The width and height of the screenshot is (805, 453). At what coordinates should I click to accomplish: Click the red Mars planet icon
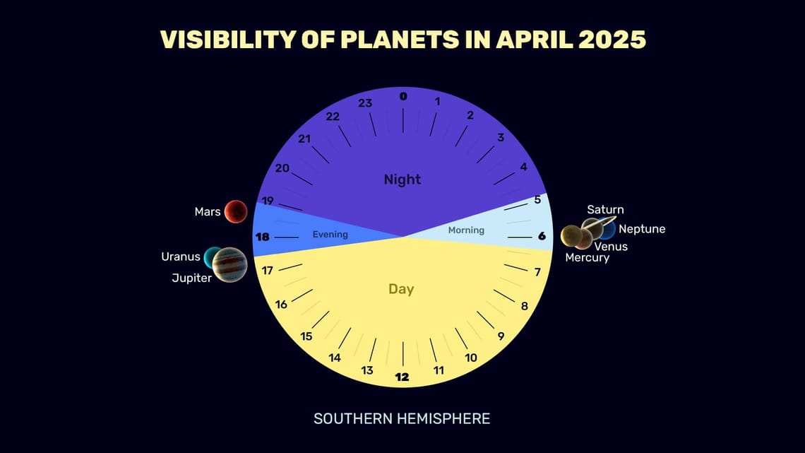(x=236, y=211)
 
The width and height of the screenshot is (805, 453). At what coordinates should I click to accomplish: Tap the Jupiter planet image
(x=229, y=265)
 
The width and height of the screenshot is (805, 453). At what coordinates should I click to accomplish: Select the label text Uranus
(x=181, y=257)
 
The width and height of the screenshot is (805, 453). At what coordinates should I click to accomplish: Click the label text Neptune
(x=642, y=229)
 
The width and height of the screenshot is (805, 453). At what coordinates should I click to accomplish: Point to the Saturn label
(x=605, y=210)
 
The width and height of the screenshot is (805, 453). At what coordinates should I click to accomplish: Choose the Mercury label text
(x=587, y=258)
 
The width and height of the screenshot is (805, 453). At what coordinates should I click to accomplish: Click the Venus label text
(x=611, y=247)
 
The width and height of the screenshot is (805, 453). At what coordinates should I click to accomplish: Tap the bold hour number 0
(x=403, y=96)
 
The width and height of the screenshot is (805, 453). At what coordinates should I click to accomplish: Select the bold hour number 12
(x=402, y=377)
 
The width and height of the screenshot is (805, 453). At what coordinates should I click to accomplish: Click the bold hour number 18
(x=262, y=237)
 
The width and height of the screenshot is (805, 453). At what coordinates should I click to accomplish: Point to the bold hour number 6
(x=542, y=236)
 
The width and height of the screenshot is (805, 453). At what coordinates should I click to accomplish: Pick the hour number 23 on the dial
(x=365, y=103)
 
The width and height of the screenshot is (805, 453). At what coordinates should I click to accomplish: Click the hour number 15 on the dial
(x=306, y=336)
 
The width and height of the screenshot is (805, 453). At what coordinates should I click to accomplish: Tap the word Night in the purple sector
(x=402, y=180)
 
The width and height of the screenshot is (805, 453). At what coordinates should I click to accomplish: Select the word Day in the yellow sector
(x=401, y=289)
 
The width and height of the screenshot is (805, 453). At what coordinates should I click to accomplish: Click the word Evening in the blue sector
(x=330, y=235)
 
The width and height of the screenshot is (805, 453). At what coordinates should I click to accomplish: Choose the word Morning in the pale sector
(x=466, y=230)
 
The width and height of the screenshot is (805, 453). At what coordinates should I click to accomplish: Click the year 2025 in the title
(x=606, y=40)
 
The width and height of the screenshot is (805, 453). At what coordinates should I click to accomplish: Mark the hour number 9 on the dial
(x=501, y=336)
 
